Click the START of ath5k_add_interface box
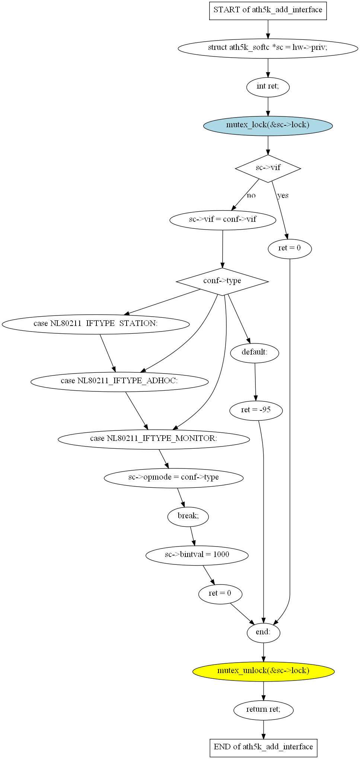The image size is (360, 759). (x=268, y=10)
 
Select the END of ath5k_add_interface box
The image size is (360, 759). (x=263, y=747)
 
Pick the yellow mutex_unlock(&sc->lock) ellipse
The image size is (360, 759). (x=263, y=671)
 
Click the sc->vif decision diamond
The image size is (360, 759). (x=268, y=168)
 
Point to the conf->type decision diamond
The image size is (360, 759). (x=222, y=281)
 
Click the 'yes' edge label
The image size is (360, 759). (x=283, y=196)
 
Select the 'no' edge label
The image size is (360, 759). (x=251, y=196)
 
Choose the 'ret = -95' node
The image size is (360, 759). (x=256, y=410)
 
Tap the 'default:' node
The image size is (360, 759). (x=255, y=353)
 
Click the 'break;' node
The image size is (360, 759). (x=188, y=516)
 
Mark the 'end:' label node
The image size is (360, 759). (x=263, y=632)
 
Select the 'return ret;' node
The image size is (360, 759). (x=263, y=710)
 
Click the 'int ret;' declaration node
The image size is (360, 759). (x=268, y=87)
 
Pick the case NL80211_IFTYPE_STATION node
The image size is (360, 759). (x=96, y=324)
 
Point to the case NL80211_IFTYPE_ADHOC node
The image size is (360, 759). (x=120, y=381)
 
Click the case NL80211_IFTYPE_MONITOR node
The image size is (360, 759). (x=154, y=439)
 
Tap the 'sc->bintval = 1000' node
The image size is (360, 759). (x=197, y=555)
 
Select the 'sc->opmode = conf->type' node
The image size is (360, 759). (x=173, y=478)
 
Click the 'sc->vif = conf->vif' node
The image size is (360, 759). (x=223, y=220)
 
